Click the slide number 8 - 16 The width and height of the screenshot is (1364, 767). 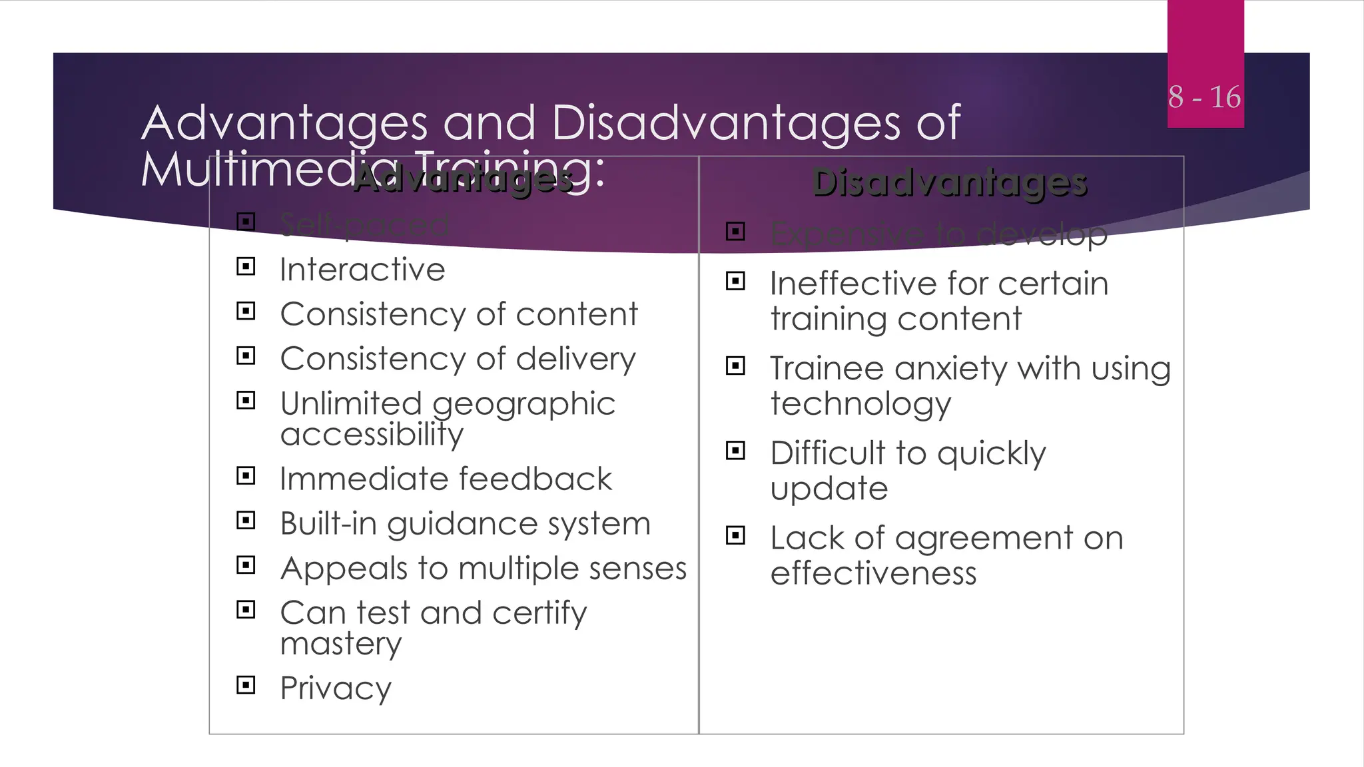(x=1204, y=97)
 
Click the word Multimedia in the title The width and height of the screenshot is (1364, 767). (x=246, y=169)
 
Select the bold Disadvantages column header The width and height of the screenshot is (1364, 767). (x=949, y=182)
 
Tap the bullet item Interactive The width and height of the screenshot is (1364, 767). (x=362, y=270)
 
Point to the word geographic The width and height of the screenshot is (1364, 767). (x=523, y=404)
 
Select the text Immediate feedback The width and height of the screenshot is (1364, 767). (x=446, y=479)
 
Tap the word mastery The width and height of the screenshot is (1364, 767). (x=341, y=643)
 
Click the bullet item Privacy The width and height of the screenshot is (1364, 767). (x=336, y=688)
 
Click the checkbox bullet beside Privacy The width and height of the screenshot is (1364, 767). (x=246, y=684)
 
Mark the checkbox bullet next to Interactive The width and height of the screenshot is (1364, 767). (x=246, y=267)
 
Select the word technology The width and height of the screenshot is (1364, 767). (x=860, y=404)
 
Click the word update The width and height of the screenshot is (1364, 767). (x=829, y=489)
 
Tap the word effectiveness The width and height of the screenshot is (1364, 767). (x=873, y=573)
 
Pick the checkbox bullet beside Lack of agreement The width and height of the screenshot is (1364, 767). (x=735, y=535)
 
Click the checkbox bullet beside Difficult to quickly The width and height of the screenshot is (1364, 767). (x=735, y=451)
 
